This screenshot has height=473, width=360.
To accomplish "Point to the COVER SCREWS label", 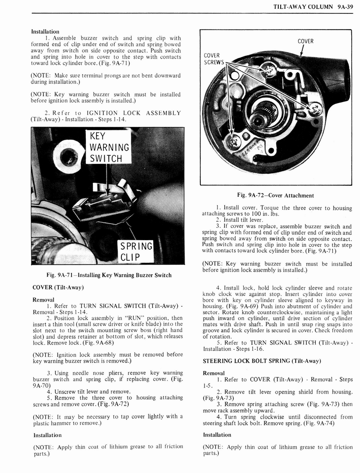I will coord(214,59).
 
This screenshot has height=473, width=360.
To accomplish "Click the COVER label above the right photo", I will coord(305,41).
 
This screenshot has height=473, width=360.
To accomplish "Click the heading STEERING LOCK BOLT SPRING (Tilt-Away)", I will coord(262,361).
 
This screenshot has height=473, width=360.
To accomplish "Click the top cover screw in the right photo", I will coord(269,70).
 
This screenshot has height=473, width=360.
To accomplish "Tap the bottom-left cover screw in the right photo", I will coord(232,141).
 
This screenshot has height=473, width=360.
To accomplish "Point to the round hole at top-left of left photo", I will coord(68,158).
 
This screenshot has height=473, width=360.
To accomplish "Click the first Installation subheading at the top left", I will coord(45,31).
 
